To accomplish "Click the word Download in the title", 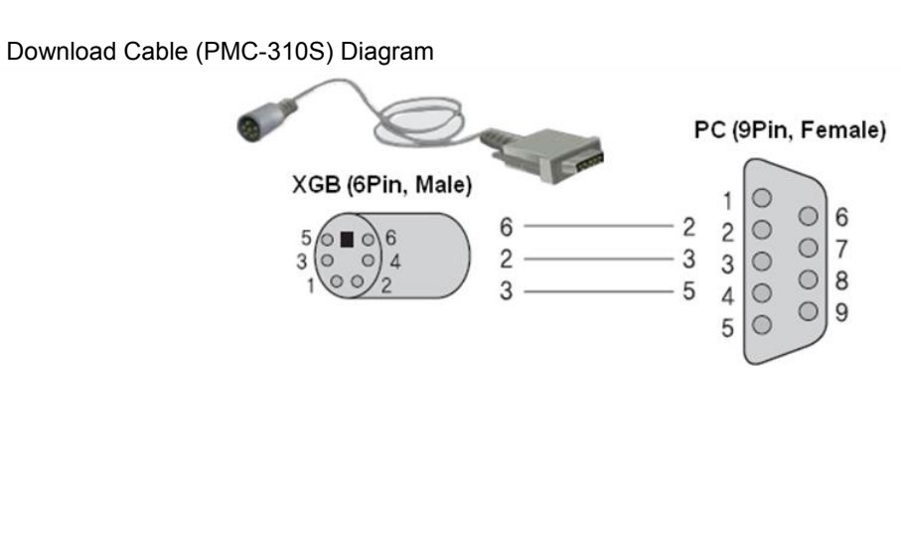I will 48,53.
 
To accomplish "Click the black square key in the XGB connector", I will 347,239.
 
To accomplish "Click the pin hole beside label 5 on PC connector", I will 764,325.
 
